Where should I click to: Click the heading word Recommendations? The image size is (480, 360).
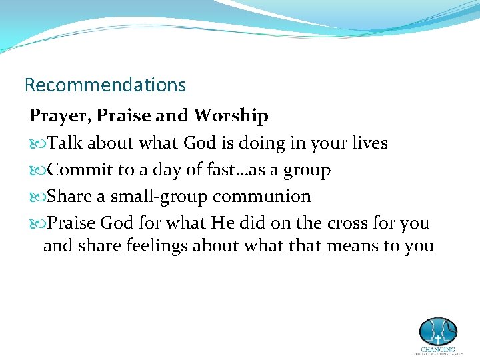pos(105,85)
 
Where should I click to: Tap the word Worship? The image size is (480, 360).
pos(231,116)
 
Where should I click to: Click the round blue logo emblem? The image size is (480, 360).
pos(437,331)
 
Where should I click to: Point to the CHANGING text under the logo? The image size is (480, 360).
pos(437,349)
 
